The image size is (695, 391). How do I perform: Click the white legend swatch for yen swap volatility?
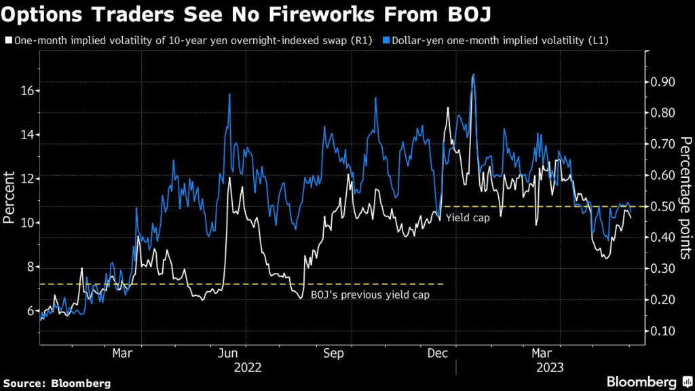click(7, 41)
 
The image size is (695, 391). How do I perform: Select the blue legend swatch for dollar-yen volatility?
click(405, 41)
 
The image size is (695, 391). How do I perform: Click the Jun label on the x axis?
click(229, 353)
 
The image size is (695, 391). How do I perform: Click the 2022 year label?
click(247, 368)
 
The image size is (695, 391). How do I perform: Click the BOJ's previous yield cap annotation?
click(370, 295)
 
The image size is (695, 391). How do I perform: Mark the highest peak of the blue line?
click(473, 75)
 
